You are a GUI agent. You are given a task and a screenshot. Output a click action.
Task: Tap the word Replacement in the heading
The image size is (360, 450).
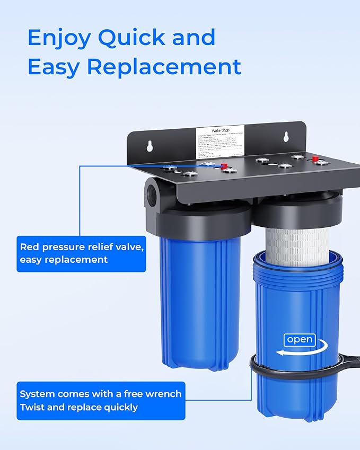tap(164, 67)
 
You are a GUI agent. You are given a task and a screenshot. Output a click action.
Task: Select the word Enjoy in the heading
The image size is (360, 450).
tap(59, 38)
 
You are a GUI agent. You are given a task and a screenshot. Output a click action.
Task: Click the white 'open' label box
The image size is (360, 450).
tap(300, 340)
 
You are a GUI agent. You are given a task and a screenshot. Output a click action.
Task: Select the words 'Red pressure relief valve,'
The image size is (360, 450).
tap(82, 247)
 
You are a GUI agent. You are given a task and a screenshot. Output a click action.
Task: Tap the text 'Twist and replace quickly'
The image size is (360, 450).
tap(79, 407)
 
